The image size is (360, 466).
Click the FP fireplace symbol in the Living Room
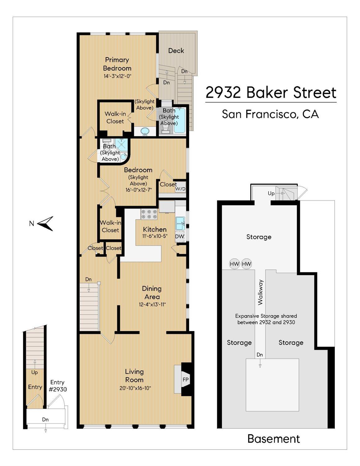click(185, 380)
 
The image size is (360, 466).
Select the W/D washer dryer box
click(180, 188)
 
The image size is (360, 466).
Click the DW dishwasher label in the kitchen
click(180, 236)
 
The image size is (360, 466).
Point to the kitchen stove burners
click(149, 214)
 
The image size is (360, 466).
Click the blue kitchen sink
click(180, 223)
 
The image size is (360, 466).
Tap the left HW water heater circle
click(235, 264)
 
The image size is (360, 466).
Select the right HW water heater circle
click(246, 264)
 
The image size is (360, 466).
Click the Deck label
click(176, 50)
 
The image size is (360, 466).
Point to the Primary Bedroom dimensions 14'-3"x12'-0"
click(117, 76)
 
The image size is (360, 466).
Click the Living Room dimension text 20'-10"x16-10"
click(135, 388)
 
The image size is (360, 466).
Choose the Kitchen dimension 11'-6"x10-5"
click(155, 236)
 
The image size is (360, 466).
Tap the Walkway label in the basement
click(260, 292)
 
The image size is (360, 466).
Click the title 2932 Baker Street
click(271, 93)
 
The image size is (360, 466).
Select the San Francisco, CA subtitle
click(270, 114)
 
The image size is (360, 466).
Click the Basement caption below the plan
click(274, 439)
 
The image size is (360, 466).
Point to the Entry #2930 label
click(57, 385)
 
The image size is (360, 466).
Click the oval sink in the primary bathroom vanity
click(145, 132)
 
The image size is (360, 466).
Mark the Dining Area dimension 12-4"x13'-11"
click(152, 305)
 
